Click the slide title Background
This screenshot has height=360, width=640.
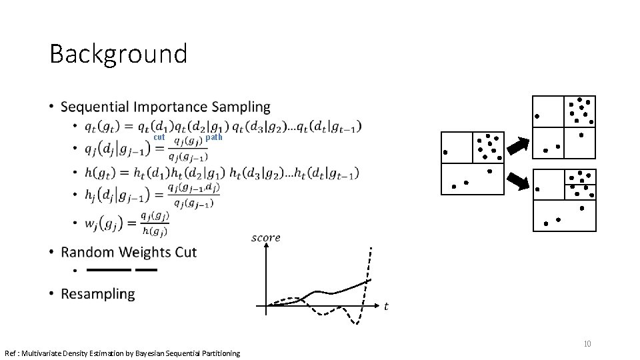tap(118, 53)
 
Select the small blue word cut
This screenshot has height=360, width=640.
tap(159, 137)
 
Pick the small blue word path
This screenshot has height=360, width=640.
tap(214, 137)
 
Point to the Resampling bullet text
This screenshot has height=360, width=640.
tap(97, 293)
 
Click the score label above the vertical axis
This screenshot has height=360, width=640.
tap(265, 237)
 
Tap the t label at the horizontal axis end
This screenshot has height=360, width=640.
tap(386, 306)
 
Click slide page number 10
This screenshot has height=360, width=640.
tap(587, 344)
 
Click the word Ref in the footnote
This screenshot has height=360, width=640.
tap(11, 353)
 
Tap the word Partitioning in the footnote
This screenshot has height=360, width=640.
tap(217, 353)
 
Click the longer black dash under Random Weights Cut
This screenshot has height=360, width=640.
tap(109, 270)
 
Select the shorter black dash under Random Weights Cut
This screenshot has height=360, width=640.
tap(146, 270)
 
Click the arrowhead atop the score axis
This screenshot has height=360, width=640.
tap(266, 247)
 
